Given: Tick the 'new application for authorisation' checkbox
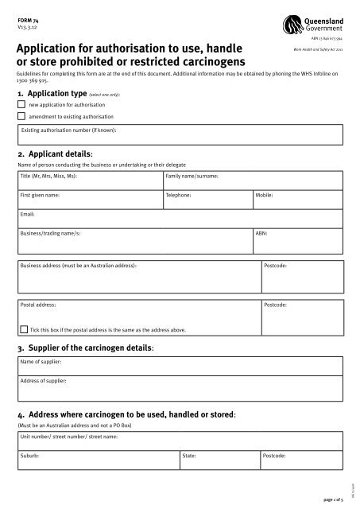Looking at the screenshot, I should (21, 103).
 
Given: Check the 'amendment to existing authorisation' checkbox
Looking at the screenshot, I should (21, 115).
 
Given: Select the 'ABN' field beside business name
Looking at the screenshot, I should (298, 239).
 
